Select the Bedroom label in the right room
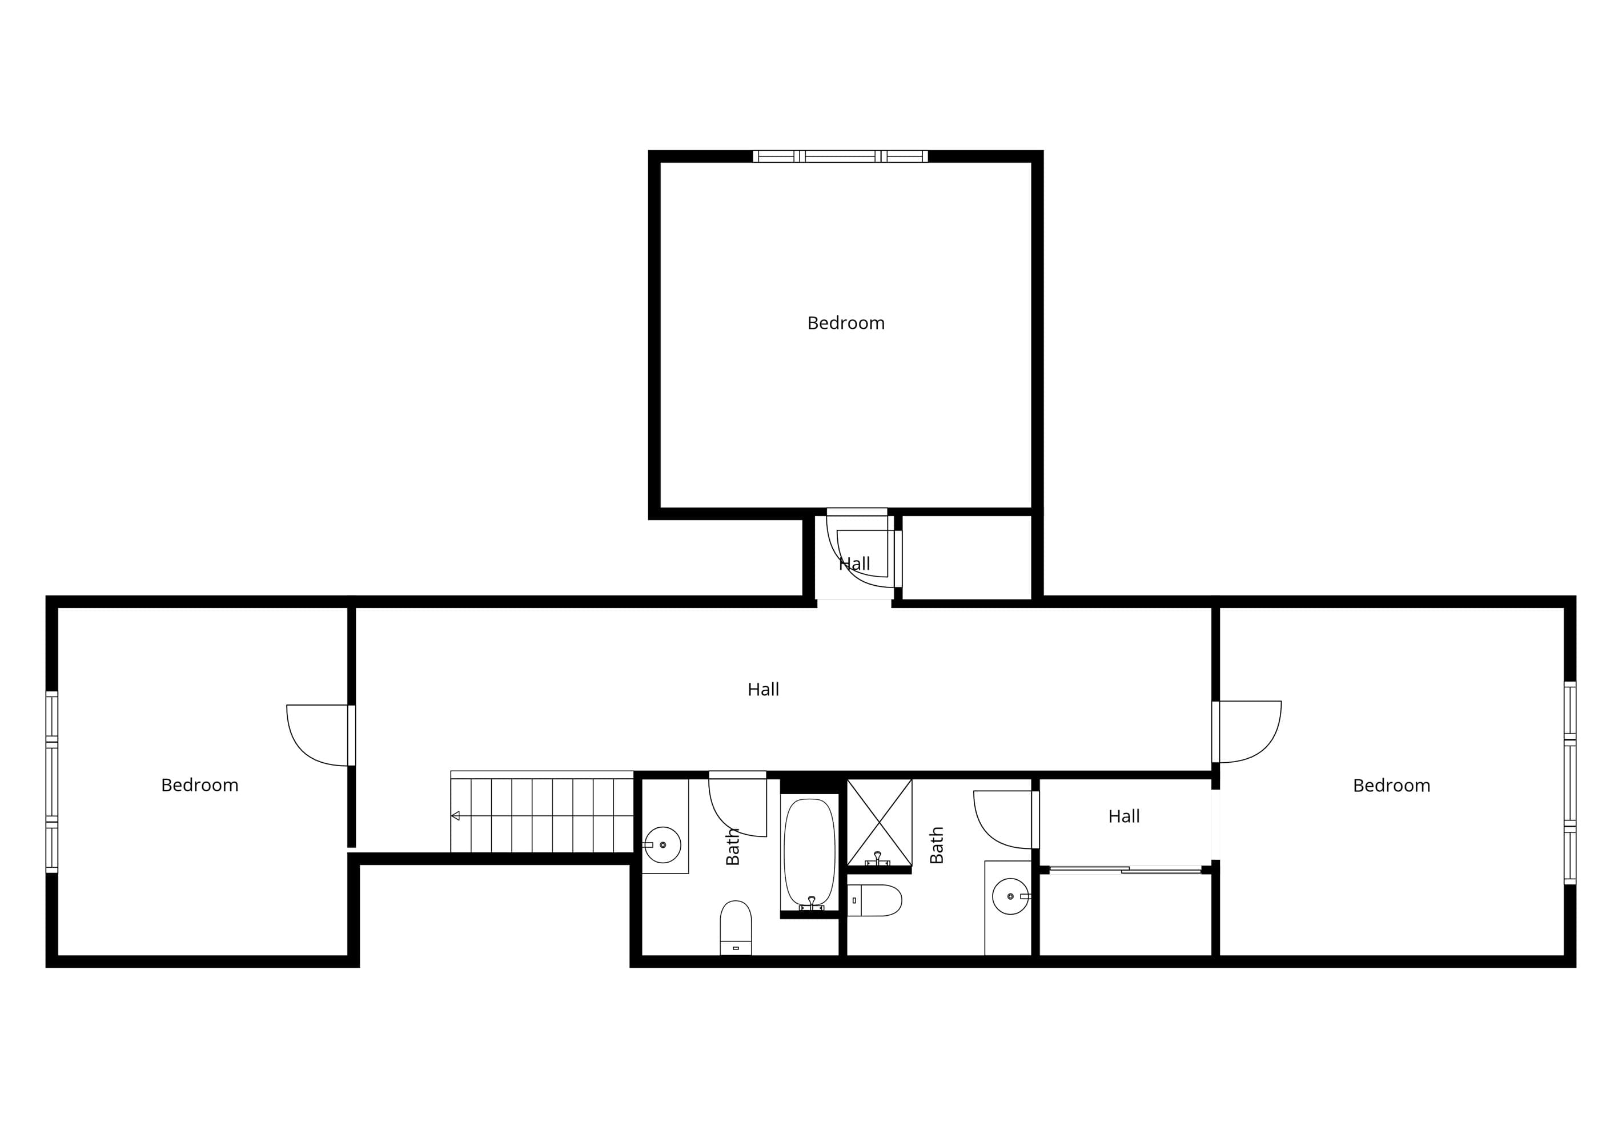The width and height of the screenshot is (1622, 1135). (x=1391, y=786)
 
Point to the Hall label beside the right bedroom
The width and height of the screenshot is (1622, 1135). (x=1124, y=816)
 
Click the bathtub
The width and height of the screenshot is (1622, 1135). (x=810, y=854)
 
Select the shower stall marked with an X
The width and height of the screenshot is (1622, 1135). (x=880, y=823)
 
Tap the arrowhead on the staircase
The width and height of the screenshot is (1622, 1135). (x=456, y=816)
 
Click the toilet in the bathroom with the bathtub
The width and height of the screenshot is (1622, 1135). (x=736, y=927)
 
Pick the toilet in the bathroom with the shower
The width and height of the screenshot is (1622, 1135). (x=874, y=900)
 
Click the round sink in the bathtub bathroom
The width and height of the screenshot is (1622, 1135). (x=663, y=845)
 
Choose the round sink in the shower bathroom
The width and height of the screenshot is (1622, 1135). (x=1010, y=896)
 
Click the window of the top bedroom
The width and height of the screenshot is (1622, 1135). (x=840, y=156)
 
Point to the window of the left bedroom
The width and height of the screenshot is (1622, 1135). (x=51, y=782)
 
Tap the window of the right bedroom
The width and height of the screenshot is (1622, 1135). (x=1569, y=783)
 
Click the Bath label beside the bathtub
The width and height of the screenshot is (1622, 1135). (x=733, y=847)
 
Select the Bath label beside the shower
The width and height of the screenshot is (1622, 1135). (x=937, y=845)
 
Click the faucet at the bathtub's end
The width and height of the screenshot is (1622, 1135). (x=812, y=903)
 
